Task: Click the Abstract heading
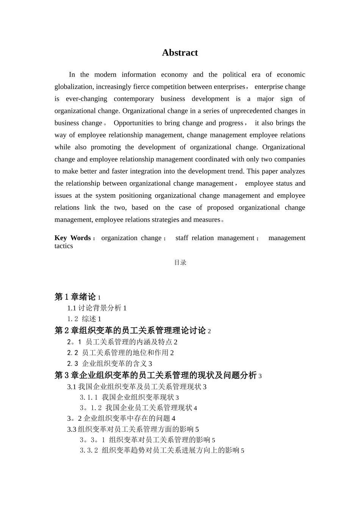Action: [x=180, y=53]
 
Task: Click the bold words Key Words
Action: [x=72, y=238]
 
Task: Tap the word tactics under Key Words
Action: [x=64, y=246]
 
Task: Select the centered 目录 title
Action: [x=180, y=262]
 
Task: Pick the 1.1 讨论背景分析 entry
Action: [x=97, y=308]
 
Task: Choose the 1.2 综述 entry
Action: [x=84, y=319]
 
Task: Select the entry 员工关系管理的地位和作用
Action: [x=125, y=353]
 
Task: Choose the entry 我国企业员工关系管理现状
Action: [x=149, y=408]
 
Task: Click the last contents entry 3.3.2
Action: [x=162, y=450]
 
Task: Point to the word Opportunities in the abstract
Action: [x=133, y=123]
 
